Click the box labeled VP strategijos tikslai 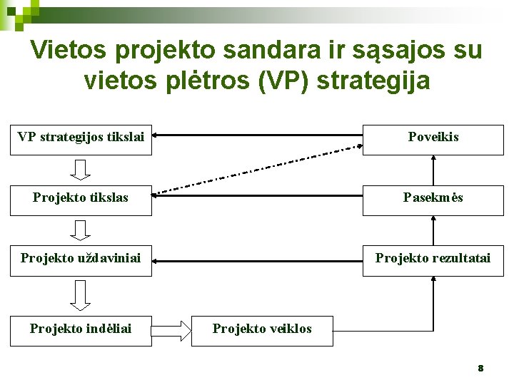pyautogui.click(x=81, y=137)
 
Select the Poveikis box pyautogui.click(x=433, y=137)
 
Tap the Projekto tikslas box pyautogui.click(x=81, y=197)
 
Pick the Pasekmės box pyautogui.click(x=433, y=197)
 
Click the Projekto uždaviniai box pyautogui.click(x=81, y=258)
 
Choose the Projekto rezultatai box pyautogui.click(x=433, y=258)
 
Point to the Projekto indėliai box pyautogui.click(x=81, y=329)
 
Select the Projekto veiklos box pyautogui.click(x=262, y=329)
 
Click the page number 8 pyautogui.click(x=480, y=369)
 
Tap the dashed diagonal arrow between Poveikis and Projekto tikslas pyautogui.click(x=258, y=170)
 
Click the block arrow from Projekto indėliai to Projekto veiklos pyautogui.click(x=171, y=329)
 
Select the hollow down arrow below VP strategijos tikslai pyautogui.click(x=81, y=169)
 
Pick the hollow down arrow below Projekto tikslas pyautogui.click(x=81, y=230)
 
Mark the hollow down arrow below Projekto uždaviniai pyautogui.click(x=81, y=294)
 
